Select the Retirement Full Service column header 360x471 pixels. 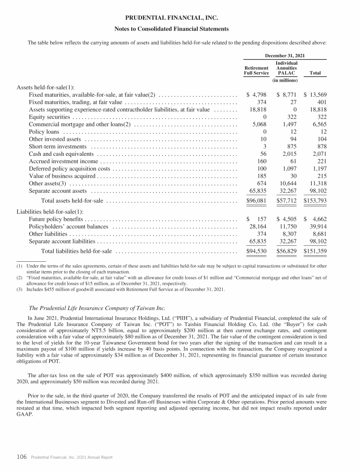[x=256, y=70]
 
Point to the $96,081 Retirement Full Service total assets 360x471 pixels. [x=257, y=201]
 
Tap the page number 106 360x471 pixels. [x=22, y=457]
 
